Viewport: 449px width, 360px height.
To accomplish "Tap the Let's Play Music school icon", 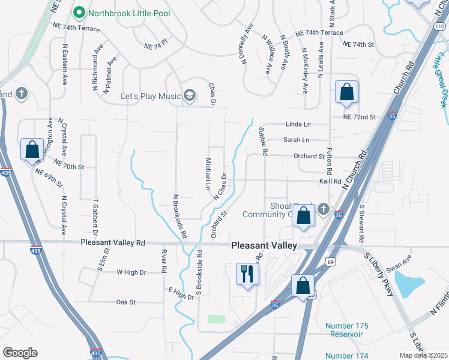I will point(190,95).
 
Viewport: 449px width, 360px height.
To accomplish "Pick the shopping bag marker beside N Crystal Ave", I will point(32,149).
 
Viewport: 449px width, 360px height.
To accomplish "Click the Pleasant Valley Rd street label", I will point(113,243).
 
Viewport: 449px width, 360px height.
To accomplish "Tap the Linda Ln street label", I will point(298,124).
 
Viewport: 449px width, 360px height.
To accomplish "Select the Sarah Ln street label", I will point(297,140).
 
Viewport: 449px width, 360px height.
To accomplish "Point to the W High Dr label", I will point(131,272).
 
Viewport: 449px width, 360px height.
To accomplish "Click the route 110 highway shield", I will point(439,27).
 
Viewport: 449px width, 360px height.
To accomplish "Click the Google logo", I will point(20,353).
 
